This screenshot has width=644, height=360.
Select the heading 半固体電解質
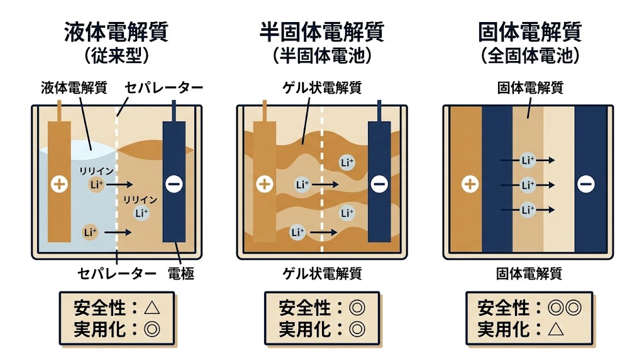(321, 33)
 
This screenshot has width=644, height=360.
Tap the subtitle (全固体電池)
(529, 56)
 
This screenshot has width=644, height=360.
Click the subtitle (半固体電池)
(321, 56)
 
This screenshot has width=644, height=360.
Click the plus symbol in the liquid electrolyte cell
(59, 184)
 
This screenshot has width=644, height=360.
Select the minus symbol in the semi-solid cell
(379, 184)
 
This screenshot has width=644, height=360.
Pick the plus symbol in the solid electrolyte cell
(469, 184)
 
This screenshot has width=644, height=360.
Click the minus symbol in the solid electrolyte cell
(586, 184)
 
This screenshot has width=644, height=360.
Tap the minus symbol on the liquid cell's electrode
(174, 184)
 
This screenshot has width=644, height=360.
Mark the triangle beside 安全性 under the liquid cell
(152, 308)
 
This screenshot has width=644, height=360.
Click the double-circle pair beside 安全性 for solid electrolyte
(563, 308)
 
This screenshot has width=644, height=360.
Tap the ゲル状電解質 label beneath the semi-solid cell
(321, 274)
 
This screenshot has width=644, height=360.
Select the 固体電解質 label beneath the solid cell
(529, 274)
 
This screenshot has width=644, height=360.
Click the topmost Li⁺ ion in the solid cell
(528, 160)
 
